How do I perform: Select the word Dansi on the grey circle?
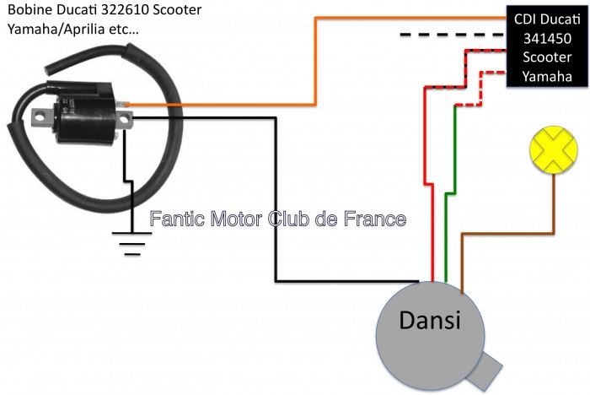pos(430,322)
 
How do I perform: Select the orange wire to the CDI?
pos(317,59)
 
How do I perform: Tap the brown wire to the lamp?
pos(506,232)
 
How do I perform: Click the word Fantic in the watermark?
pos(177,219)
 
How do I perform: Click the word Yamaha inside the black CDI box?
pos(546,76)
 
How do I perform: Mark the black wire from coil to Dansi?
pos(276,203)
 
